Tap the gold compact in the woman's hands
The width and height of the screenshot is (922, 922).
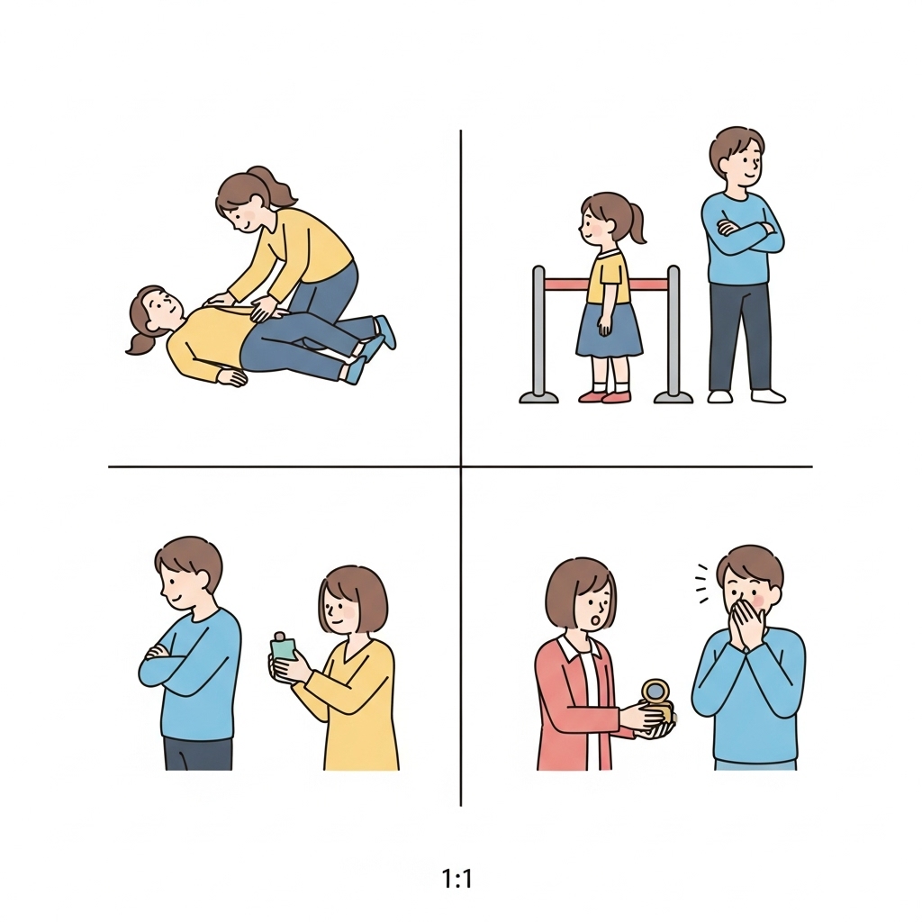[x=657, y=700]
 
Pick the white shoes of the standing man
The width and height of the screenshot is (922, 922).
[x=746, y=396]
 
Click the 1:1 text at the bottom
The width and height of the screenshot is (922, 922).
[x=456, y=880]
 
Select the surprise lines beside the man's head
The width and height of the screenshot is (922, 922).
[x=701, y=583]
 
